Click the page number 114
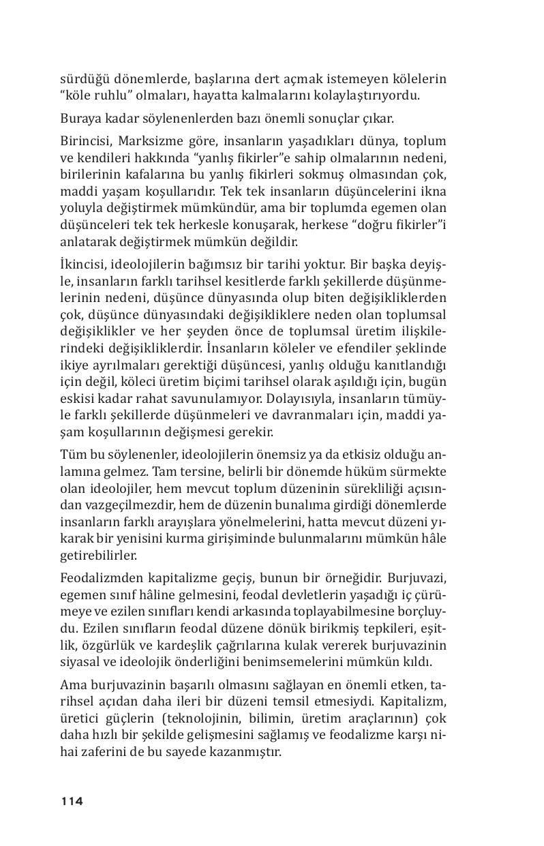[72, 801]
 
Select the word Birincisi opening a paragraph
[85, 141]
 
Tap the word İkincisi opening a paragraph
[82, 264]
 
